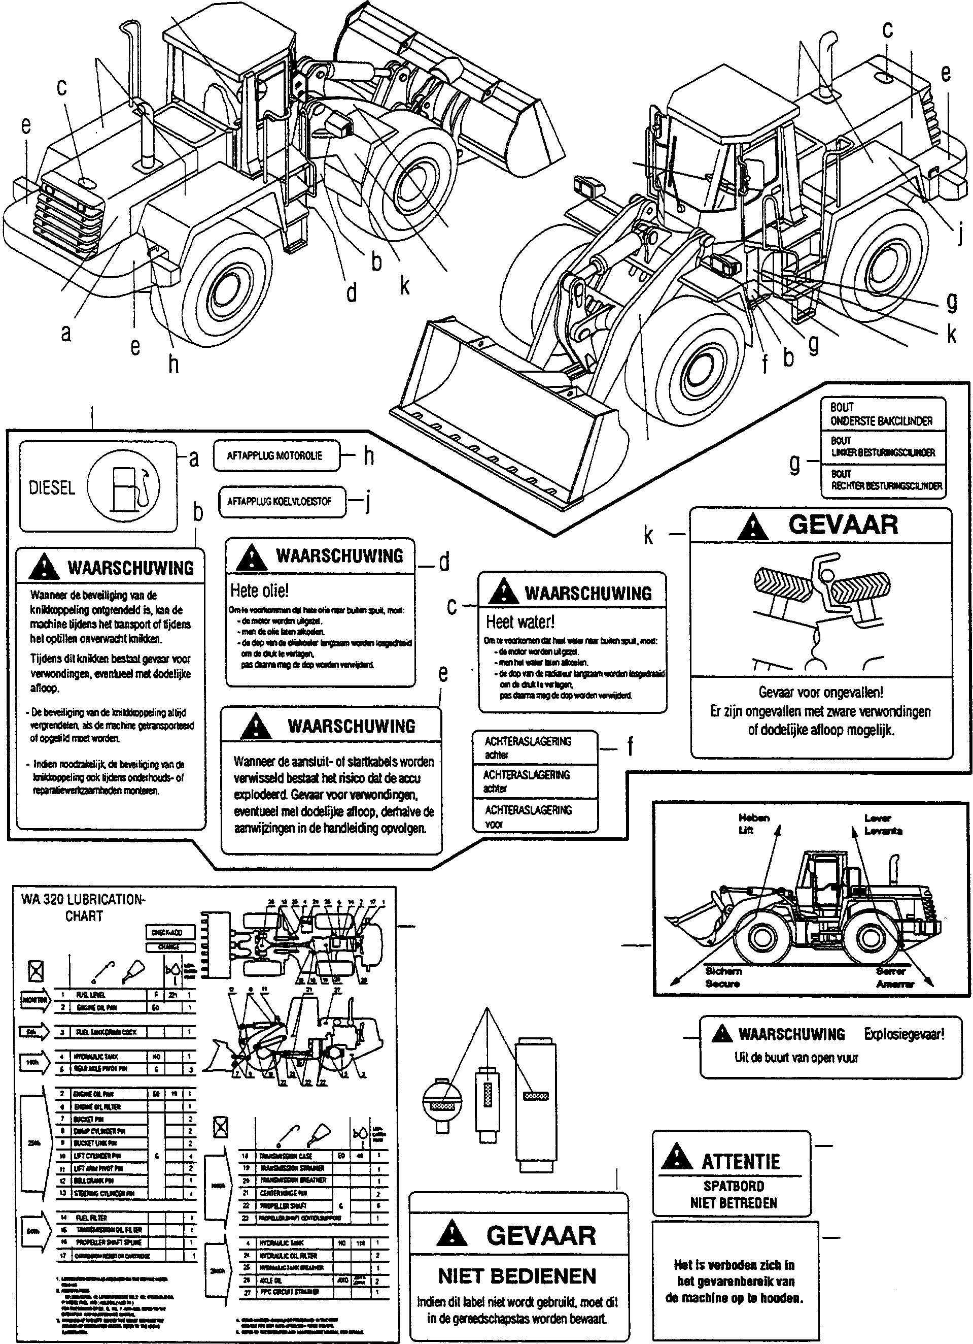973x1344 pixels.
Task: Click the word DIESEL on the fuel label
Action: pos(52,488)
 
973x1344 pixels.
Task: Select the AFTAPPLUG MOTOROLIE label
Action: pos(275,456)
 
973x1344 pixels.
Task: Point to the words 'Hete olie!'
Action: pos(259,591)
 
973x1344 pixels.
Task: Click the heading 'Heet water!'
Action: pos(520,621)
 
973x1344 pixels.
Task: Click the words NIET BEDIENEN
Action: pos(517,1276)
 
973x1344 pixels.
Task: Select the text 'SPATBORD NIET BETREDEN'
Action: pos(733,1195)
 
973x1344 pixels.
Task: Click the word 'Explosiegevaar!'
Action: pos(903,1034)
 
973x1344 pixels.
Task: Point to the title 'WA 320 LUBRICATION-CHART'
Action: pos(83,907)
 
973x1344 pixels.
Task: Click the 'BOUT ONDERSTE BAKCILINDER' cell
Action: pos(881,414)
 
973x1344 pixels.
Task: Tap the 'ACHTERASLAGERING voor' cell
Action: pos(528,816)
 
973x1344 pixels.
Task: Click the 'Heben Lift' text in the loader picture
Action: pos(753,824)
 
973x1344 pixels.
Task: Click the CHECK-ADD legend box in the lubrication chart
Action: pos(167,932)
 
